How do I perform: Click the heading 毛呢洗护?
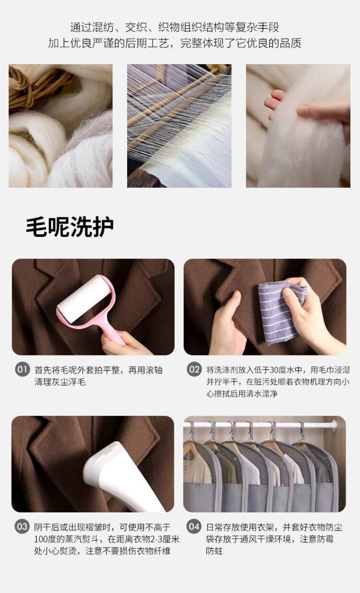[70, 226]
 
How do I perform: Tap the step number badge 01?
[22, 369]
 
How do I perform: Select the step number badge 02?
[194, 369]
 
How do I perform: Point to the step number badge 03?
[22, 526]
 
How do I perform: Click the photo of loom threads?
[179, 126]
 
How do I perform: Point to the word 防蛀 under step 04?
[214, 551]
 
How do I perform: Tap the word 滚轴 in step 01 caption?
[154, 369]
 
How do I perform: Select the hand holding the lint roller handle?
[124, 344]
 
